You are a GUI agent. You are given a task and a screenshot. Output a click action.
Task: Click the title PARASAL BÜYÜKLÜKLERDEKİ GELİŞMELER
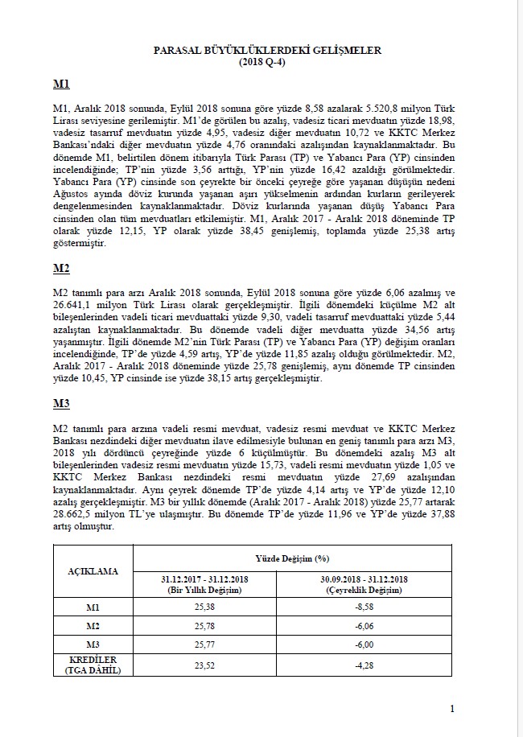(266, 50)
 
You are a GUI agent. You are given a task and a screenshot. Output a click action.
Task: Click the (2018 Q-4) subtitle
(266, 61)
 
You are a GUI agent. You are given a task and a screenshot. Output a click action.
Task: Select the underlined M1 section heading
(61, 84)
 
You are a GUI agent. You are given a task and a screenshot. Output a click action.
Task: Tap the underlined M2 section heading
(61, 268)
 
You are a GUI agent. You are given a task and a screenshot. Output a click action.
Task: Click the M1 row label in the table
(93, 606)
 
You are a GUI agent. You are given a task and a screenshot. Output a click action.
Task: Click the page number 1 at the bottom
(453, 708)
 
